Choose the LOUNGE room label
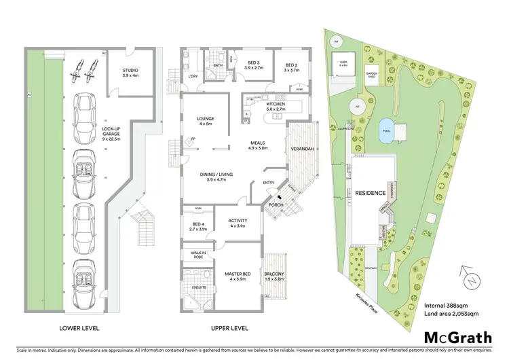point(205,120)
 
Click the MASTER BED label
point(238,277)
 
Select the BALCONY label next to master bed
point(274,277)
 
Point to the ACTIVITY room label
point(238,223)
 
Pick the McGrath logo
point(455,337)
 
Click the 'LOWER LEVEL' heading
point(81,328)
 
